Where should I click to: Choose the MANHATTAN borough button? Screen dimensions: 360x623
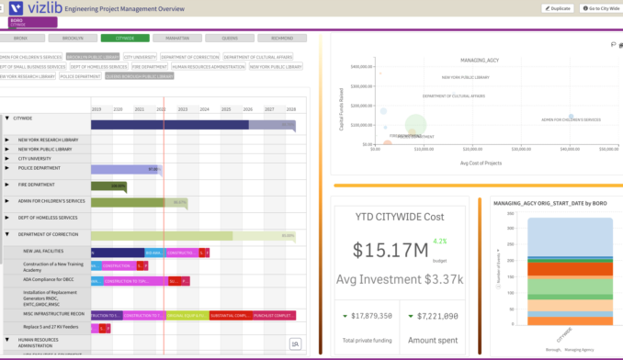[172, 39]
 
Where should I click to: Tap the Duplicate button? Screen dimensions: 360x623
[558, 8]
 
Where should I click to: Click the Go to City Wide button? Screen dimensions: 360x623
[600, 8]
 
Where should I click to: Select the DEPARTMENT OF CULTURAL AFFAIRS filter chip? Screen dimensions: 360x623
[257, 57]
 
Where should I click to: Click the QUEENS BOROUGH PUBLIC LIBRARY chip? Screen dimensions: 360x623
[139, 76]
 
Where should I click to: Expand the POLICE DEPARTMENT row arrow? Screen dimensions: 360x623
[7, 169]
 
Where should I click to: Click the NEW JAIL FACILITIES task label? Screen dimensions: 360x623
[44, 251]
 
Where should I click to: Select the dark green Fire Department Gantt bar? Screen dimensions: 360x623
[118, 186]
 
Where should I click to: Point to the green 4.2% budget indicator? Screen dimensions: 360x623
[439, 242]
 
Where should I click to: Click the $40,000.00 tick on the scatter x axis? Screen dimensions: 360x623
[570, 149]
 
